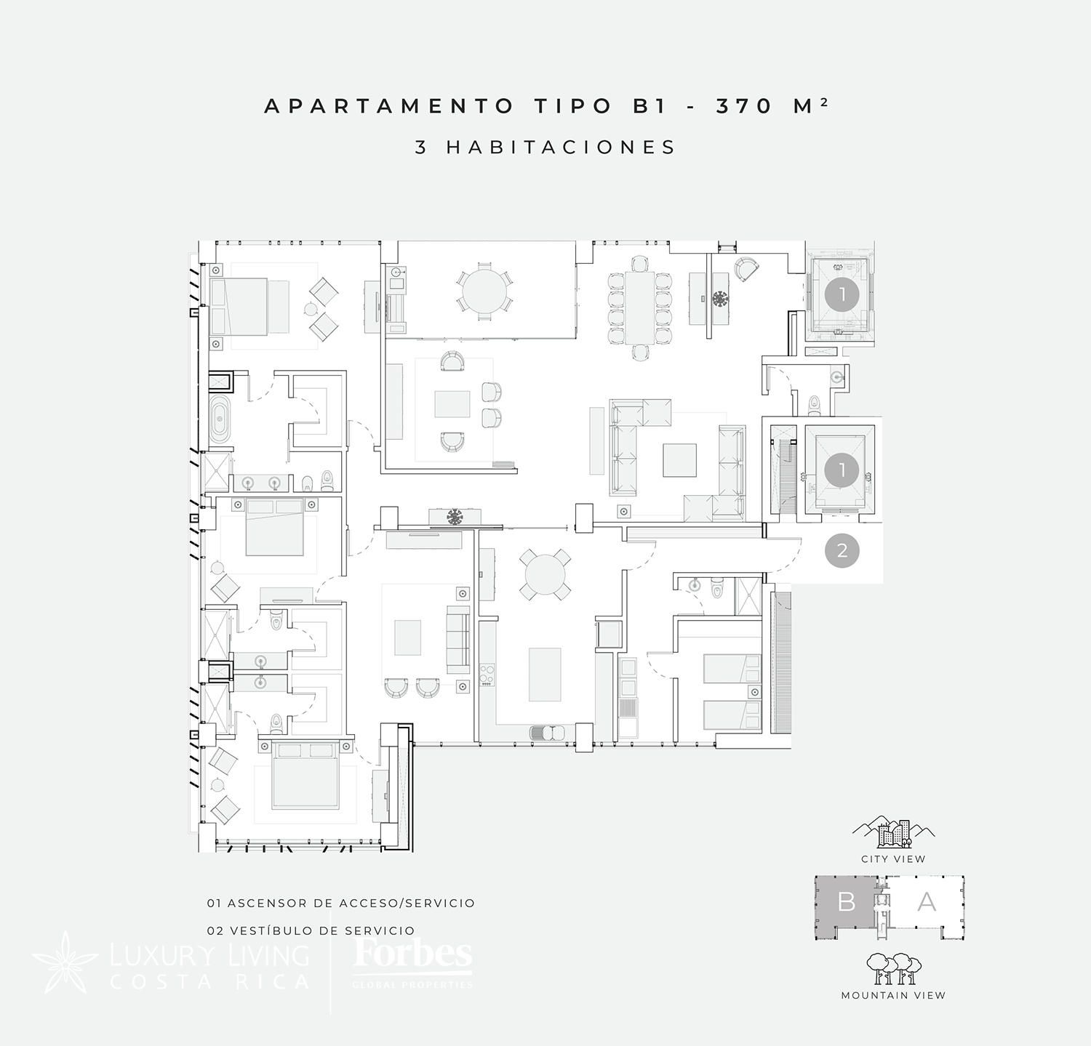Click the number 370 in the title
743,106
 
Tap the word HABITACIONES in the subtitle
562,147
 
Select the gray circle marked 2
842,550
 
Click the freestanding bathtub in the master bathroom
220,420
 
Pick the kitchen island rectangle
545,674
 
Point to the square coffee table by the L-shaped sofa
679,459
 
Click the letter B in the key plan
847,901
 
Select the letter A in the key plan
927,901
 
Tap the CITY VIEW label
893,858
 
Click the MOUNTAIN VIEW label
893,995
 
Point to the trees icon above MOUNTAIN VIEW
894,968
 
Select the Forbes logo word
412,954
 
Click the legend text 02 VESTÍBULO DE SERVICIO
311,930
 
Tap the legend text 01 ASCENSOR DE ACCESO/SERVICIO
340,903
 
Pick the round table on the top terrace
485,291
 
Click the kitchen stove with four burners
486,675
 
